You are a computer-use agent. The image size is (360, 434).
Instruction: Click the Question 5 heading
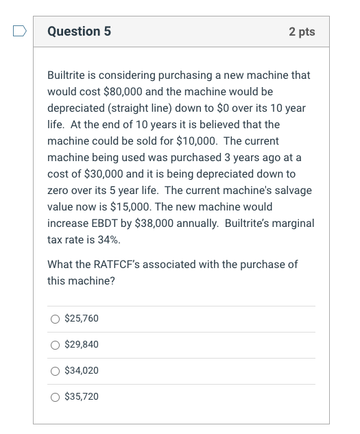[x=80, y=32]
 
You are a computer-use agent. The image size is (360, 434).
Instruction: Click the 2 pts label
[x=302, y=32]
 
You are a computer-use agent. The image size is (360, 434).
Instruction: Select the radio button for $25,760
[x=54, y=319]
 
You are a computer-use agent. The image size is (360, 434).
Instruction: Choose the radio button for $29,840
[x=54, y=345]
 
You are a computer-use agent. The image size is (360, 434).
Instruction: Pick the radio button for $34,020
[x=54, y=371]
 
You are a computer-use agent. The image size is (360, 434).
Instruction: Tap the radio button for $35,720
[x=54, y=397]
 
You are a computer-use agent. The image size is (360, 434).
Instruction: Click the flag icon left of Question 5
[x=21, y=32]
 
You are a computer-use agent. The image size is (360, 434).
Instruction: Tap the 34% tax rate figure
[x=101, y=239]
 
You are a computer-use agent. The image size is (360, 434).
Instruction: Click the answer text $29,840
[x=82, y=345]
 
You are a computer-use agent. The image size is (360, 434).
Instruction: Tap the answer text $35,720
[x=82, y=397]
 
